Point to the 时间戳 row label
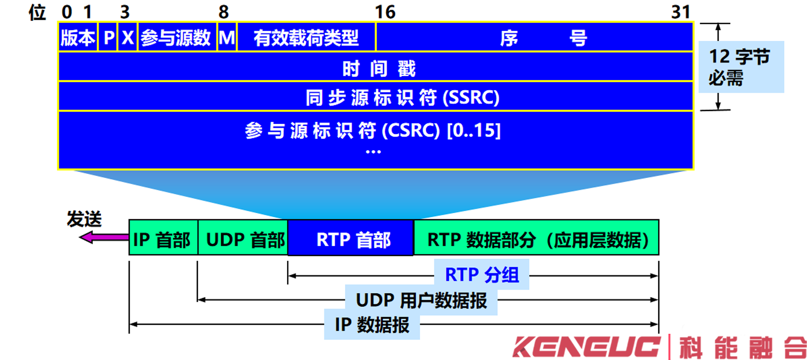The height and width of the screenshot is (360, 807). point(378,69)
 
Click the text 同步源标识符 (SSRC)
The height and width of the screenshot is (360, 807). point(402,97)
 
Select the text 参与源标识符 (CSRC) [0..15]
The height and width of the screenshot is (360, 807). point(373,131)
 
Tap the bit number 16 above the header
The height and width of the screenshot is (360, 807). point(385,12)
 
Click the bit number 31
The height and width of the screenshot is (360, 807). point(680,12)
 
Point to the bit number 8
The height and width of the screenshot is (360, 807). point(223,12)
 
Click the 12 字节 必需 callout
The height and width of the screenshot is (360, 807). point(740,67)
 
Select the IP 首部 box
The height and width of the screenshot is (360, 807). point(162,239)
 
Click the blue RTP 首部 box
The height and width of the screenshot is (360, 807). point(353,239)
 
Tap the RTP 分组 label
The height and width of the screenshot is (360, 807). point(482,275)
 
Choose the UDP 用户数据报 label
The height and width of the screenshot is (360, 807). point(421,301)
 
